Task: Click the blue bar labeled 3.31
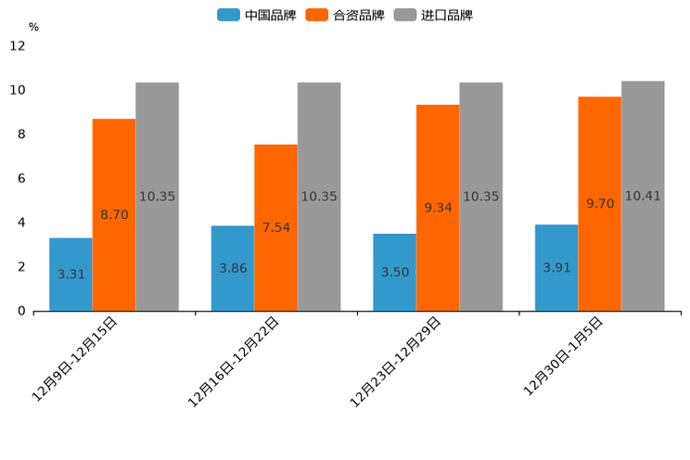[70, 275]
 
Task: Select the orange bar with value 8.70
[114, 215]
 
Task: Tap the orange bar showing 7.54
[275, 227]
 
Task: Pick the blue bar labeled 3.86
[233, 268]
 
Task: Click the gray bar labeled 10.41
[643, 196]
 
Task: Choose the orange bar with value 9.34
[438, 208]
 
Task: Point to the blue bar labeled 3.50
[394, 272]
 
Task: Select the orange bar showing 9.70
[599, 204]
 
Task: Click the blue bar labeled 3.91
[556, 267]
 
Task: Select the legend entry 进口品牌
[434, 15]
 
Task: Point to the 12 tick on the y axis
[18, 45]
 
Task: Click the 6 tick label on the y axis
[21, 178]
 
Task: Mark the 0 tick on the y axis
[21, 311]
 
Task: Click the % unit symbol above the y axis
[33, 27]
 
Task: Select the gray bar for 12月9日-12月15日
[157, 197]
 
